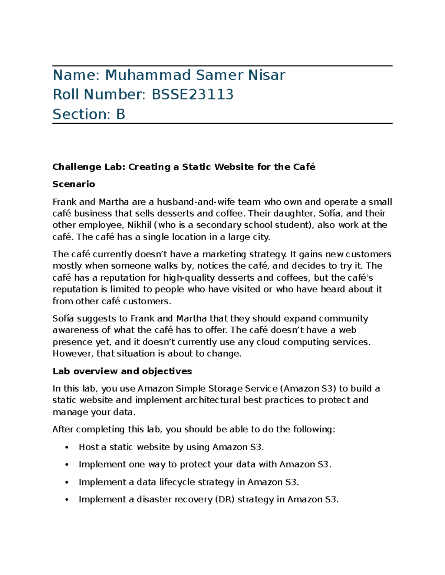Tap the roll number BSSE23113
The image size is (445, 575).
[x=192, y=95]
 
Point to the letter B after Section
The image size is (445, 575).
[x=121, y=114]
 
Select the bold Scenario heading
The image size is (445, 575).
[x=74, y=184]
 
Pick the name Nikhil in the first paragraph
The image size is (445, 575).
[x=139, y=225]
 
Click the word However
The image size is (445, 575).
[x=73, y=354]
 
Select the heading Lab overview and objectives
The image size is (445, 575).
[x=122, y=371]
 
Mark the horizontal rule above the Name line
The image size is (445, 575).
[x=222, y=66]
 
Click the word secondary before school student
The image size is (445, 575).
[x=218, y=225]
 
